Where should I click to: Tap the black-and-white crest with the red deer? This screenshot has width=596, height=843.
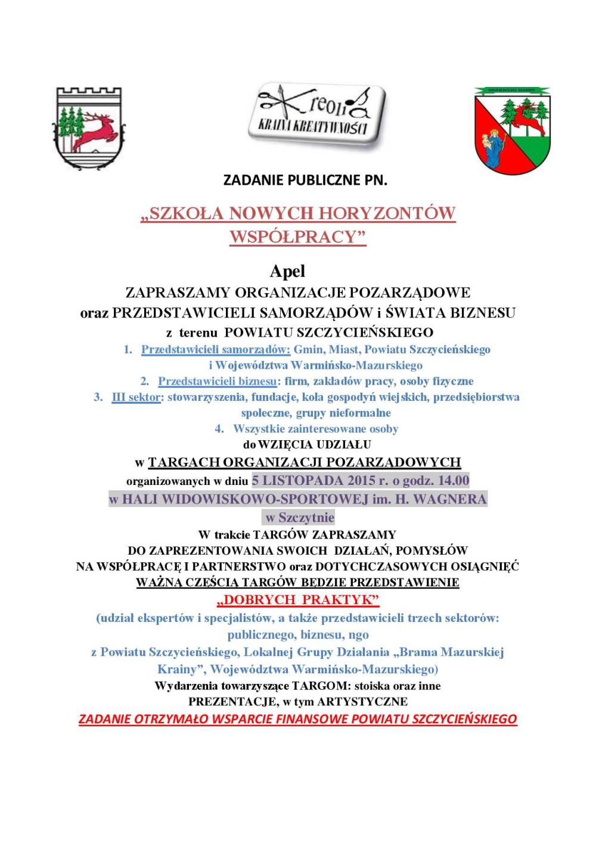[90, 127]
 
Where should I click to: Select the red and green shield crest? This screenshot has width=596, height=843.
[512, 131]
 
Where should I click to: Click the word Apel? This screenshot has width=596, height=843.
[287, 272]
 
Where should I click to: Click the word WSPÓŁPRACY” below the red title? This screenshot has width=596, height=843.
[297, 237]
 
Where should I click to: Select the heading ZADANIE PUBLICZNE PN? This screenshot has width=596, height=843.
[305, 180]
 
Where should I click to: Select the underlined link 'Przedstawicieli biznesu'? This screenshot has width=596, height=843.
[217, 381]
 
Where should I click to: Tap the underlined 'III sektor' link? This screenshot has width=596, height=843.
[136, 397]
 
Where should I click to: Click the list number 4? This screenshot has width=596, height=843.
[219, 429]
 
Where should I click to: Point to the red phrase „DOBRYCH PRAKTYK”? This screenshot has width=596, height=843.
[298, 600]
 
